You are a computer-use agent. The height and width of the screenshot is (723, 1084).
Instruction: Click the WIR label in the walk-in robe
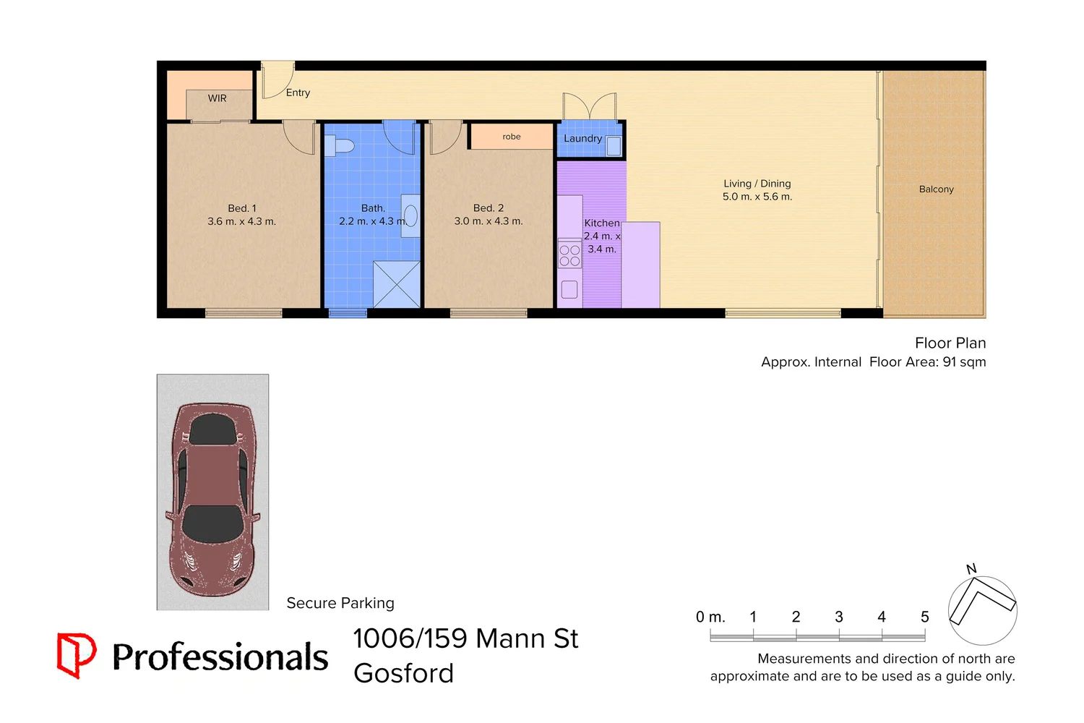(217, 98)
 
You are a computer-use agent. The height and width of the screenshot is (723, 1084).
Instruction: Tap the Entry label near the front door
(298, 93)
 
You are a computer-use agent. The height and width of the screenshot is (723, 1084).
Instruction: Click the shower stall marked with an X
(396, 284)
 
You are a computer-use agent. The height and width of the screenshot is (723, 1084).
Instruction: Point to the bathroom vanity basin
(410, 215)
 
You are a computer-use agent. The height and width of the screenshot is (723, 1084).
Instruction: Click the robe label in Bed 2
(512, 137)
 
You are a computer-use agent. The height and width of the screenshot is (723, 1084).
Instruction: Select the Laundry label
(582, 138)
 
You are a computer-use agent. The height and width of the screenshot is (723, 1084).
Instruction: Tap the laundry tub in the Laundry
(614, 146)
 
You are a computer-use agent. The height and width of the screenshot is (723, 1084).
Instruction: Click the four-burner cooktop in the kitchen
(569, 255)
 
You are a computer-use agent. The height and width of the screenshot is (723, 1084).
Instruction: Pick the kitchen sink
(569, 289)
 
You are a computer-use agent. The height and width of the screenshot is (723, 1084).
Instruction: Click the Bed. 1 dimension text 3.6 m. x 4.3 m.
(241, 221)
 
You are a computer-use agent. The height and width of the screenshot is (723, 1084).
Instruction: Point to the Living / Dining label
(757, 184)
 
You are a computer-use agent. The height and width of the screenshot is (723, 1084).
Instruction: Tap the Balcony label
(936, 189)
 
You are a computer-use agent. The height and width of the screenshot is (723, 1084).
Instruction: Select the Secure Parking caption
(340, 603)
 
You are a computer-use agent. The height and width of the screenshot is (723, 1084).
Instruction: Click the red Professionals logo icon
(76, 655)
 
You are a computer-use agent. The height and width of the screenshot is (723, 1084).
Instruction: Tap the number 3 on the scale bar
(838, 617)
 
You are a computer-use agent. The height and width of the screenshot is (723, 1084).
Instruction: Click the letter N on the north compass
(971, 569)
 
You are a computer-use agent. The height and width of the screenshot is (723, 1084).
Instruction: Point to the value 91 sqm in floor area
(964, 361)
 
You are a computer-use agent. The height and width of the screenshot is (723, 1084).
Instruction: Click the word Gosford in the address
(403, 673)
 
